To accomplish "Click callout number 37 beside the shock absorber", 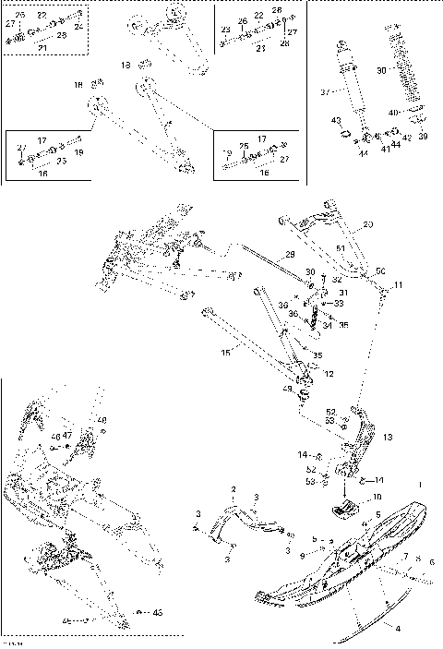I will pyautogui.click(x=324, y=92).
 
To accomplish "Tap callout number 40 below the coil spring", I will pyautogui.click(x=393, y=112).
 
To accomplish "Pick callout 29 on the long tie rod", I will pyautogui.click(x=289, y=254).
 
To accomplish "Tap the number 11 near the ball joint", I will pyautogui.click(x=399, y=284).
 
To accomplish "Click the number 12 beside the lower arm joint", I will pyautogui.click(x=329, y=374).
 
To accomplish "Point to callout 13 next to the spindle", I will pyautogui.click(x=388, y=437).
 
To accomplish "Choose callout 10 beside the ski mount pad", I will pyautogui.click(x=377, y=497).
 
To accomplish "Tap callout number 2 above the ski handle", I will pyautogui.click(x=234, y=487).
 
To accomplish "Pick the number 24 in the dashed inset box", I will pyautogui.click(x=78, y=27).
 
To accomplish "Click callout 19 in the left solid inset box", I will pyautogui.click(x=78, y=151).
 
